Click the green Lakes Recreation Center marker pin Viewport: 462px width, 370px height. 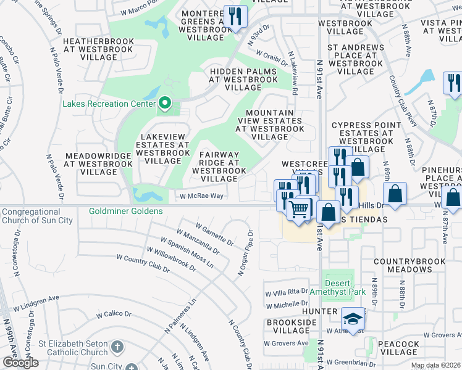[164, 103]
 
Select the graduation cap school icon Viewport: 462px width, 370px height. [353, 319]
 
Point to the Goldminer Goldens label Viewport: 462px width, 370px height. [125, 211]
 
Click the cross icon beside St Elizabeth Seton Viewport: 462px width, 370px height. [117, 348]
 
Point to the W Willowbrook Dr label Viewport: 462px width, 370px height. [171, 260]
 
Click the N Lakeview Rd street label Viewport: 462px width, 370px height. [295, 77]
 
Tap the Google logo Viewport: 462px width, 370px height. [20, 363]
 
